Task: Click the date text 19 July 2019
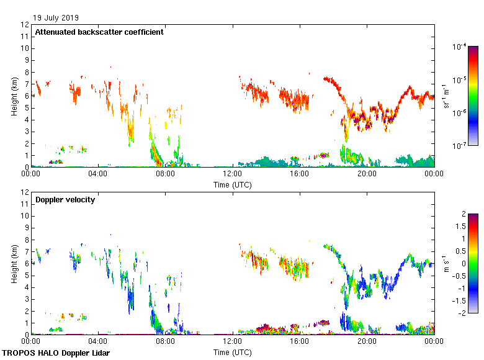click(56, 17)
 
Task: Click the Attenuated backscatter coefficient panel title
click(99, 32)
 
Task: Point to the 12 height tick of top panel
click(25, 25)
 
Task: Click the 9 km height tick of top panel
click(27, 60)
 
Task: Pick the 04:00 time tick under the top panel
click(98, 174)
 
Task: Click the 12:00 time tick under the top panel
click(233, 174)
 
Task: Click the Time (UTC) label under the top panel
click(233, 184)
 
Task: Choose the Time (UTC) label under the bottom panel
click(233, 352)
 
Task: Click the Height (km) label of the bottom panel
click(14, 263)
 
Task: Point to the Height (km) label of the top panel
click(14, 96)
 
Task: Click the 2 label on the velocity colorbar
click(463, 214)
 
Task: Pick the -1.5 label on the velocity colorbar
click(460, 300)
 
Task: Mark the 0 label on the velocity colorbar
click(463, 263)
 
